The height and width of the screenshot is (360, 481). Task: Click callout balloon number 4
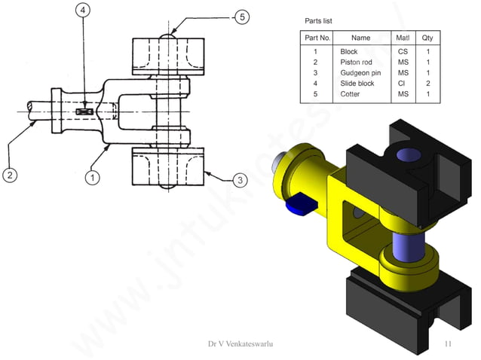[83, 10]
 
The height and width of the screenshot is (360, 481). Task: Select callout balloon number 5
[240, 17]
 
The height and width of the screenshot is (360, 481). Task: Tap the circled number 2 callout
[10, 175]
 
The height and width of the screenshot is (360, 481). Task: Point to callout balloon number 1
[92, 178]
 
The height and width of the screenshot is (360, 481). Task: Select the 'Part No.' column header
[315, 37]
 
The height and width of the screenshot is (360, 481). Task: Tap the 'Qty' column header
[427, 37]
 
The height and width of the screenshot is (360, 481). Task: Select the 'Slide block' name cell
[357, 84]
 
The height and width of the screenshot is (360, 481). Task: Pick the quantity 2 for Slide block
[427, 84]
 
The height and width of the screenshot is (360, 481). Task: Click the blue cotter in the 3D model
[300, 203]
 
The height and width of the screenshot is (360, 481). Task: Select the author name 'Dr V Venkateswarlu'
[240, 344]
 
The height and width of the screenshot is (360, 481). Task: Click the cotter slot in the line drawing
[84, 112]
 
